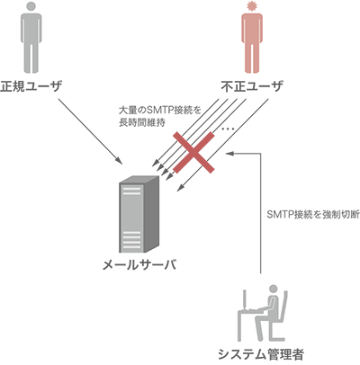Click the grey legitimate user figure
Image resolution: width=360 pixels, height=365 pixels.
coord(31,38)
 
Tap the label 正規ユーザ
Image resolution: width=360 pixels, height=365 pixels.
coord(31,86)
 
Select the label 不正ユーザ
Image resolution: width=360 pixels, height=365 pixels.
coord(252,86)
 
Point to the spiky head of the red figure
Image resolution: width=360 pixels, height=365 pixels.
coord(252,6)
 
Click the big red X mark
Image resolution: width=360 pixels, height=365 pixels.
coord(194,153)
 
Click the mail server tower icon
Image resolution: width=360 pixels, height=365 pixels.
coord(139,214)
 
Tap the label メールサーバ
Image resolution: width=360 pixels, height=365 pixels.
coord(139,264)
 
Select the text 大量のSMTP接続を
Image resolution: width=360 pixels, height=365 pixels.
coord(159,111)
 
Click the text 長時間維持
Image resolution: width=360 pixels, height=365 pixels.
coord(142,122)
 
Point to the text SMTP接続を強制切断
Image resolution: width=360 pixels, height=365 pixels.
coord(313,215)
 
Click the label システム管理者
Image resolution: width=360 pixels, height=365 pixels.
coord(260,354)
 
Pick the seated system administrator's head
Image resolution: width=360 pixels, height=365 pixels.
coord(274,289)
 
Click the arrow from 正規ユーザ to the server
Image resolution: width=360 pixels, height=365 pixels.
coord(91,131)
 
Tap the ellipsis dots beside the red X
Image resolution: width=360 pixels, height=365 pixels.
coord(228,129)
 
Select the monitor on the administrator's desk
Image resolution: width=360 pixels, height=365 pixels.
coord(246,299)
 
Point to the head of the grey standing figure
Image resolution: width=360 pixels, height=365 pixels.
coord(31,6)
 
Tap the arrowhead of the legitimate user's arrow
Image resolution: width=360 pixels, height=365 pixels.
coord(120,162)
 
